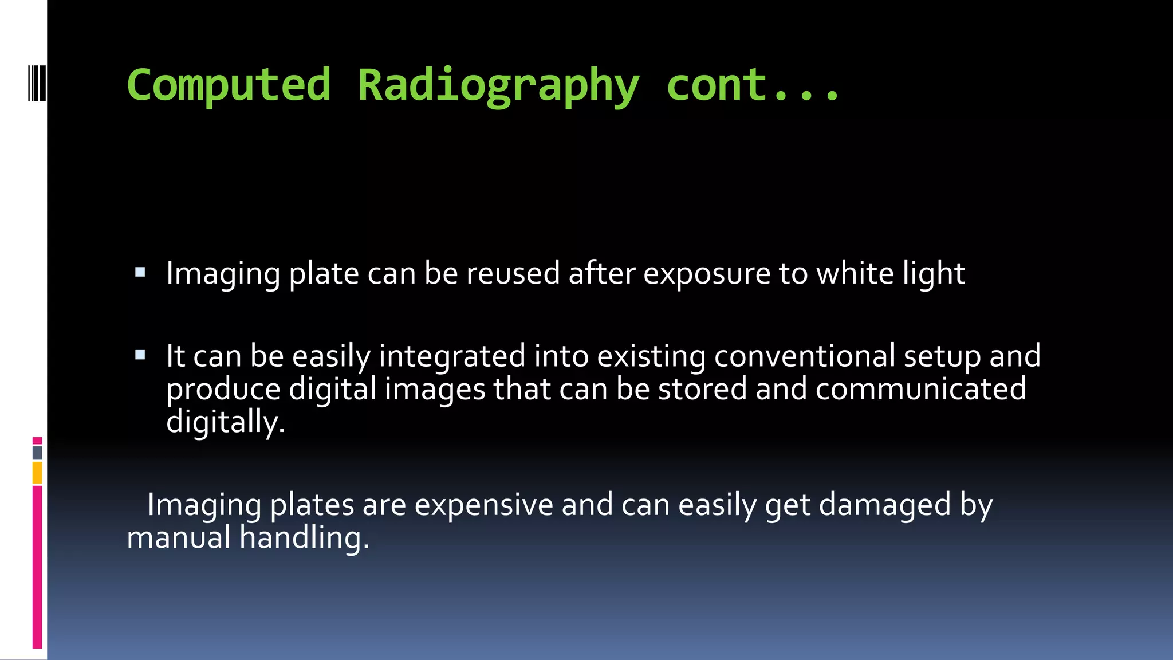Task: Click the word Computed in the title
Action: coord(229,85)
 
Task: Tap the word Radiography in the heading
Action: coord(498,86)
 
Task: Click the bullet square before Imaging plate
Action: coord(140,272)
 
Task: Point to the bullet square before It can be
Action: coord(140,355)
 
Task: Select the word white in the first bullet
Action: coord(855,273)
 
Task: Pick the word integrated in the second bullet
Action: coord(452,356)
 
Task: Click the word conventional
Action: coord(804,356)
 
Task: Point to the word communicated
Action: coord(920,389)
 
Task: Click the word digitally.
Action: coord(225,422)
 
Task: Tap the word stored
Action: coord(702,389)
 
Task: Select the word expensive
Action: coord(483,505)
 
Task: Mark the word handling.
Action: coord(304,538)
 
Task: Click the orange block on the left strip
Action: coord(37,473)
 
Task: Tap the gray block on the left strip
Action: coord(37,453)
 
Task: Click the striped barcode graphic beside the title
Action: coord(37,84)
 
